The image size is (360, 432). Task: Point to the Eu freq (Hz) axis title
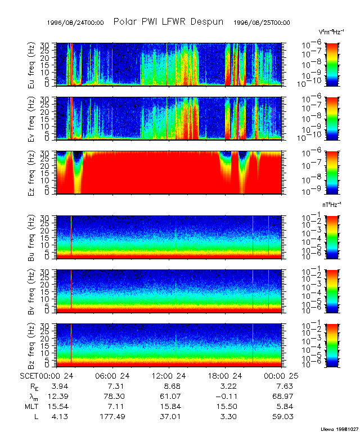33,64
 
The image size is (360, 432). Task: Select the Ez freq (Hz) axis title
33,172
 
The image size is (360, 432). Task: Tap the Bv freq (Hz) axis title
33,290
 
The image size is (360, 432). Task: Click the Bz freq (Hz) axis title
33,345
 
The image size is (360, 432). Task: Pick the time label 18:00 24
228,376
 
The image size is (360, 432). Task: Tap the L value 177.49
116,417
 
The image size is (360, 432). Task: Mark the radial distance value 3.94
60,386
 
